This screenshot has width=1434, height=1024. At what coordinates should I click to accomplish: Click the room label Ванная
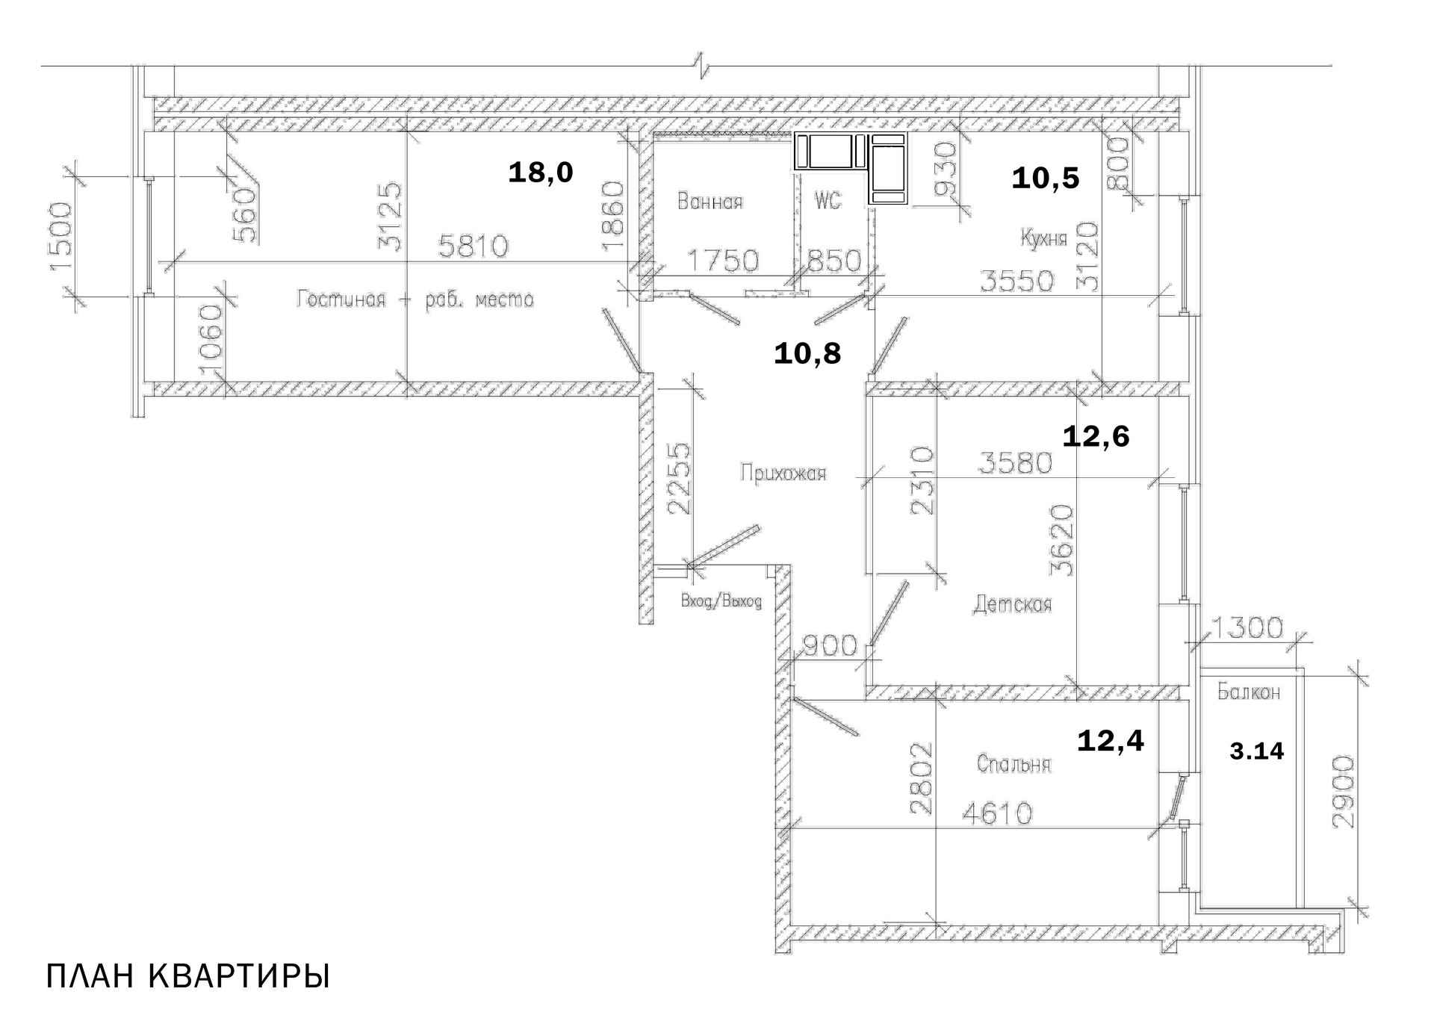point(710,202)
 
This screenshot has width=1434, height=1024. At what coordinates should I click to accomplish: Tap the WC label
point(828,200)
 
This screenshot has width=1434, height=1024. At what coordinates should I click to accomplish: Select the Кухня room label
point(1043,238)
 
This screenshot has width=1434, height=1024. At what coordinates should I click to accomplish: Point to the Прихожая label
point(783,474)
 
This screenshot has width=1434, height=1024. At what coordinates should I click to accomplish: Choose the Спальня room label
point(1014,764)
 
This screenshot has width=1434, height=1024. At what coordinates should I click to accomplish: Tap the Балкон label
point(1248,692)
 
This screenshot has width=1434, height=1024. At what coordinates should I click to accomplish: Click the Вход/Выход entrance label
point(721,601)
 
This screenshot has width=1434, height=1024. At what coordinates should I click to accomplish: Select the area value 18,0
point(540,173)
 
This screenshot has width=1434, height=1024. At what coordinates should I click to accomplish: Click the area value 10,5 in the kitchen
point(1045,179)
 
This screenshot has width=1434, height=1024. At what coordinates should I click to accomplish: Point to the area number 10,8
point(807,353)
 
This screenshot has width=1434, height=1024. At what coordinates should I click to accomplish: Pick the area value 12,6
point(1096,436)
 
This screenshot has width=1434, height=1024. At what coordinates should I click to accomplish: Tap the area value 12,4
point(1110,741)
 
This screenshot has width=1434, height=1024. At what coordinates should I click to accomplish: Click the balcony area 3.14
point(1256,751)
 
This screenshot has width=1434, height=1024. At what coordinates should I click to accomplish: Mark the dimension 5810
point(473,246)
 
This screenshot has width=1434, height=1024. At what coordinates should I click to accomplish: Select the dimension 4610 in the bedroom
point(996,813)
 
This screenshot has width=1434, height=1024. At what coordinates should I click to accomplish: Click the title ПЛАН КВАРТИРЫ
point(187,977)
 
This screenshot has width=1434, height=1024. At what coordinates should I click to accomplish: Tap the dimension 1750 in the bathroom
point(722,261)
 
